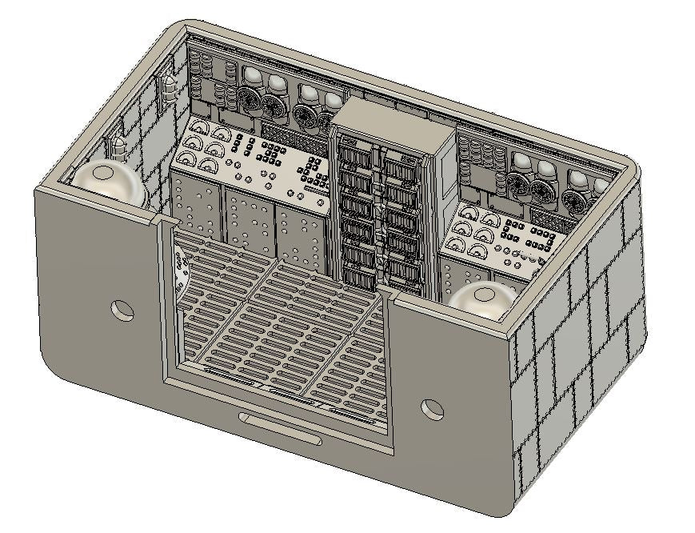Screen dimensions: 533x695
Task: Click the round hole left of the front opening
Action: [x=122, y=310]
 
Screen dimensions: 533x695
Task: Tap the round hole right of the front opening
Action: [x=432, y=410]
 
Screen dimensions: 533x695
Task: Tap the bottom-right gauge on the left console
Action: [x=209, y=165]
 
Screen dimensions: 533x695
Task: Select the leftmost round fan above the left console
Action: [x=250, y=100]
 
